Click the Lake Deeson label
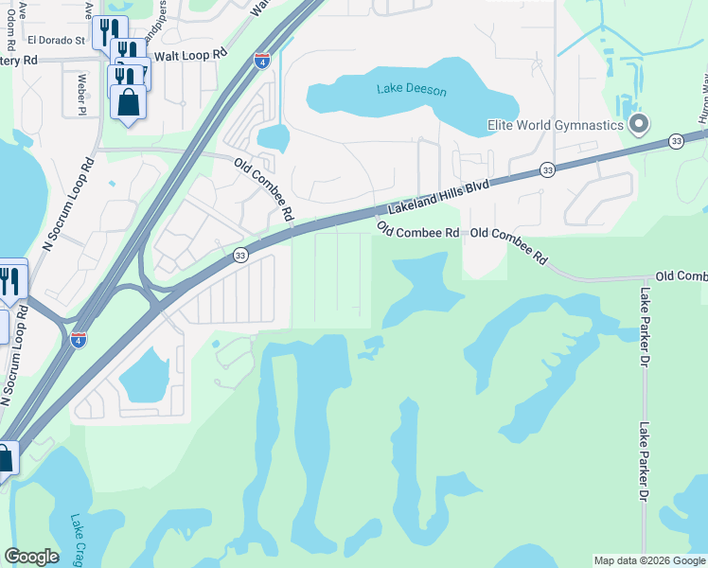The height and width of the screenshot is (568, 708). point(411,90)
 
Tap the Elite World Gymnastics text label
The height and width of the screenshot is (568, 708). point(556,125)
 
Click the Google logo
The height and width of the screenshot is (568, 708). point(31,557)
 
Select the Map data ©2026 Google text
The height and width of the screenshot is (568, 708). point(649,560)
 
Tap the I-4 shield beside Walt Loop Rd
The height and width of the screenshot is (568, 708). point(262,62)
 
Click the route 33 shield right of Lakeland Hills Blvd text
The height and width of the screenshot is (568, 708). point(547,169)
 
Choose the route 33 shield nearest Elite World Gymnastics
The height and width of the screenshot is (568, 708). point(675,140)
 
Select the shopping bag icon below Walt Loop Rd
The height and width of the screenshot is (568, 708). point(128,102)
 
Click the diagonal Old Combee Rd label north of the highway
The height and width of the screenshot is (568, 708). point(264,190)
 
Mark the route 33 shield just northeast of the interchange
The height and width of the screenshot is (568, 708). point(240,256)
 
